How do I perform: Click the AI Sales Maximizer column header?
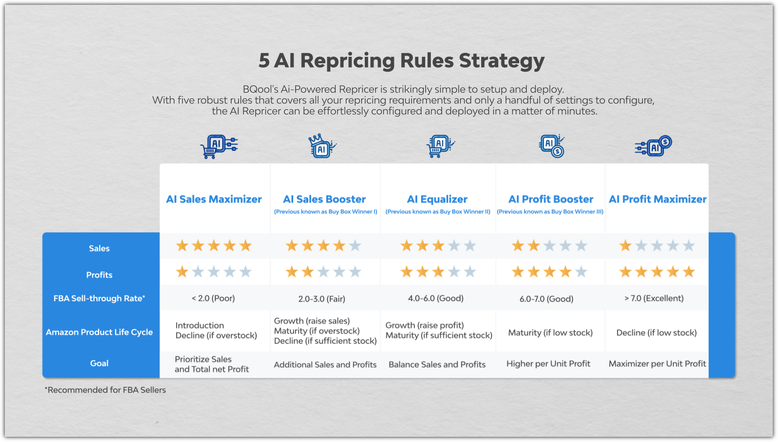pyautogui.click(x=214, y=199)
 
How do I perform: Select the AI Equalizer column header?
pyautogui.click(x=437, y=199)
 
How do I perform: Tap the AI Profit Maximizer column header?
pyautogui.click(x=658, y=199)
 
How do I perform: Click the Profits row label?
pyautogui.click(x=99, y=275)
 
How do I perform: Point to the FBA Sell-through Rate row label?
pyautogui.click(x=99, y=298)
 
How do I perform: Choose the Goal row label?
pyautogui.click(x=99, y=363)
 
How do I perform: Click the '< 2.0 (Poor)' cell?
pyautogui.click(x=213, y=298)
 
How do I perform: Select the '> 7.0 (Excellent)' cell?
pyautogui.click(x=654, y=298)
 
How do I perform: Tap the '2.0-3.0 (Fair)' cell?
pyautogui.click(x=322, y=299)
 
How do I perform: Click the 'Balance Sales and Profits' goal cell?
pyautogui.click(x=437, y=364)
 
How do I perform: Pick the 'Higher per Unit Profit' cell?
pyautogui.click(x=548, y=364)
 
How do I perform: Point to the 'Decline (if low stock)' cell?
pyautogui.click(x=656, y=333)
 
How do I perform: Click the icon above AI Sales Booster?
pyautogui.click(x=322, y=146)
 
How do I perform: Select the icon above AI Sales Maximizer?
pyautogui.click(x=219, y=146)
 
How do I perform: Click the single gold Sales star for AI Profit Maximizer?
pyautogui.click(x=625, y=246)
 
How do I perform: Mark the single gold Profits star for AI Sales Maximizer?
pyautogui.click(x=182, y=272)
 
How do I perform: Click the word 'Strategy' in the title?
pyautogui.click(x=502, y=61)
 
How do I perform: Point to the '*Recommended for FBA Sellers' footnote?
pyautogui.click(x=105, y=390)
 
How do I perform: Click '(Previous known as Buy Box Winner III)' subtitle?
pyautogui.click(x=550, y=212)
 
